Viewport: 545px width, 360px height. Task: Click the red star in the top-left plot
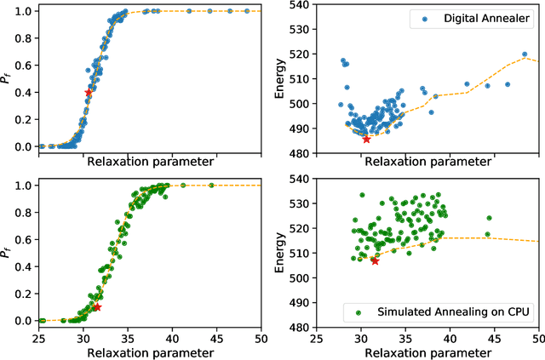89,92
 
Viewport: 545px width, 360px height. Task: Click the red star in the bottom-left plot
96,307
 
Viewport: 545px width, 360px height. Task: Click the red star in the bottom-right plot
375,260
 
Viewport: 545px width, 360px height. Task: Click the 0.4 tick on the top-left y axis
23,92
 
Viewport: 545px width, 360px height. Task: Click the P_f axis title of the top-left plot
8,79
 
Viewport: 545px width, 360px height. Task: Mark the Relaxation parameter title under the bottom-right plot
427,352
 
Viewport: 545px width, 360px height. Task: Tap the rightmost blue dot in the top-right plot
525,54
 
